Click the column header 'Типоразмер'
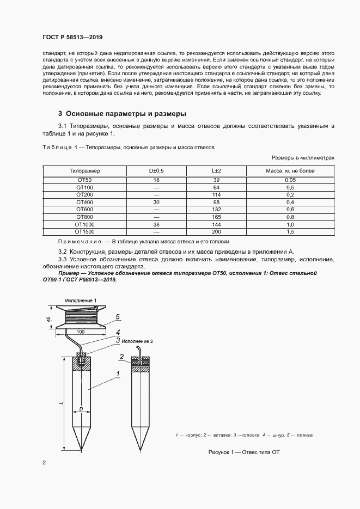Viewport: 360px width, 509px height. click(x=84, y=171)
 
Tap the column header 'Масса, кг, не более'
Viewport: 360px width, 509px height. click(x=290, y=171)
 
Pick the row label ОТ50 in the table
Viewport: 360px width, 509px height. click(x=84, y=180)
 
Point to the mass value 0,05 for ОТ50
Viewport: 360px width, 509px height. click(x=290, y=180)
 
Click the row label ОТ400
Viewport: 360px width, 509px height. click(x=84, y=202)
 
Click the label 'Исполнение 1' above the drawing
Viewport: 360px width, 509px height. click(x=81, y=301)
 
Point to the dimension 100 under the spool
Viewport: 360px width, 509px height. click(x=80, y=332)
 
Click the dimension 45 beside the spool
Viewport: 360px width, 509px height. click(x=49, y=319)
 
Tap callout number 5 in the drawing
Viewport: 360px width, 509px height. click(x=117, y=316)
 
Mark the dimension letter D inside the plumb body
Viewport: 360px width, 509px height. click(x=80, y=407)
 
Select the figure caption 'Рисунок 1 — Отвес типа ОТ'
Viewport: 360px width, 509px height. click(x=243, y=452)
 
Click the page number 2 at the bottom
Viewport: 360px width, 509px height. click(x=44, y=463)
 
